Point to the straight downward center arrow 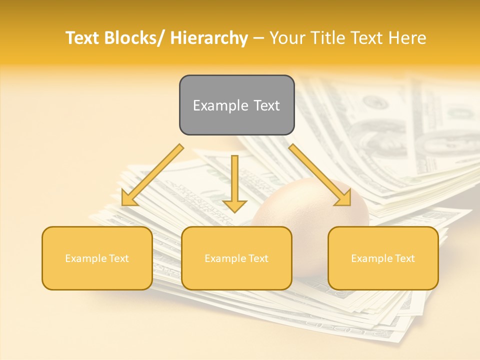coord(234,180)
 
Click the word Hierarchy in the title coord(209,38)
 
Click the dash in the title coord(258,38)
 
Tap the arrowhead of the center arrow coord(234,205)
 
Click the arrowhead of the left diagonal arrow coord(129,198)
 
